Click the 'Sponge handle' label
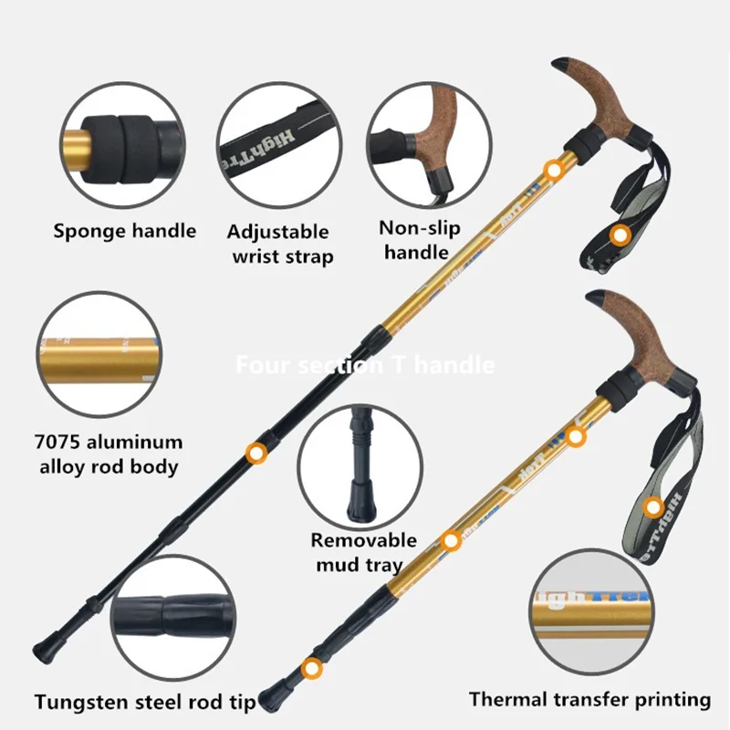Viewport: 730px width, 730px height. [x=124, y=230]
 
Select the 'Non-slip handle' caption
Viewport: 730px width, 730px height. [x=419, y=239]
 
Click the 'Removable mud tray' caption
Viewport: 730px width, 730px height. [x=363, y=552]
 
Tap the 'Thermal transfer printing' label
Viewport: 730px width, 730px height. [x=589, y=699]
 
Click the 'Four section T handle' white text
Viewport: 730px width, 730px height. [x=365, y=366]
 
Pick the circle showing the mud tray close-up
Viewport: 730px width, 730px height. [x=365, y=465]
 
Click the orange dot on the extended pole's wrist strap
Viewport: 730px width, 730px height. [x=621, y=236]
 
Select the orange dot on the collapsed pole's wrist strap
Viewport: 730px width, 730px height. [x=653, y=506]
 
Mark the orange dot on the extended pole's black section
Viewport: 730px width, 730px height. [x=257, y=451]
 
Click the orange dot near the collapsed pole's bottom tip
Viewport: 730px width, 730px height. [x=314, y=669]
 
